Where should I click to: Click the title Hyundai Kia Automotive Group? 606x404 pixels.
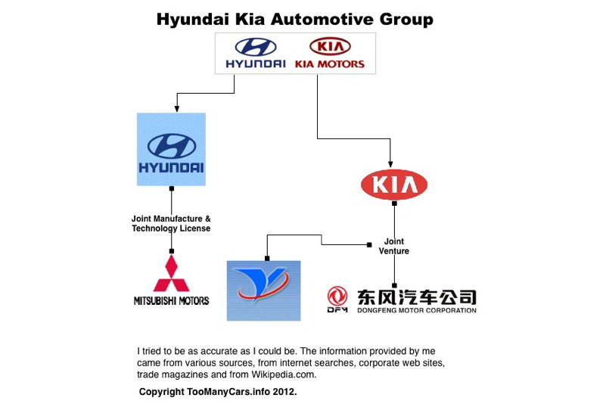295,19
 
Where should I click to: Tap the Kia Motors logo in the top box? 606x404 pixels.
329,53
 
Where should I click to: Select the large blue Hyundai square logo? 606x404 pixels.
171,149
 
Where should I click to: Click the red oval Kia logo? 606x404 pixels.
394,185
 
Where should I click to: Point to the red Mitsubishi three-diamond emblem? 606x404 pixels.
171,273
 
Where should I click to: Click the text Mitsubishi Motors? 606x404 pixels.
171,300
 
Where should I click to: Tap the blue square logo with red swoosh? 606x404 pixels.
264,290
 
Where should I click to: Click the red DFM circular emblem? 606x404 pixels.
337,297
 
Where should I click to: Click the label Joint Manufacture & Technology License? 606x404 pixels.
171,223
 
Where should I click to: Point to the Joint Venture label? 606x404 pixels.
394,247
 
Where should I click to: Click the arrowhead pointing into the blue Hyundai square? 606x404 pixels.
176,108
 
